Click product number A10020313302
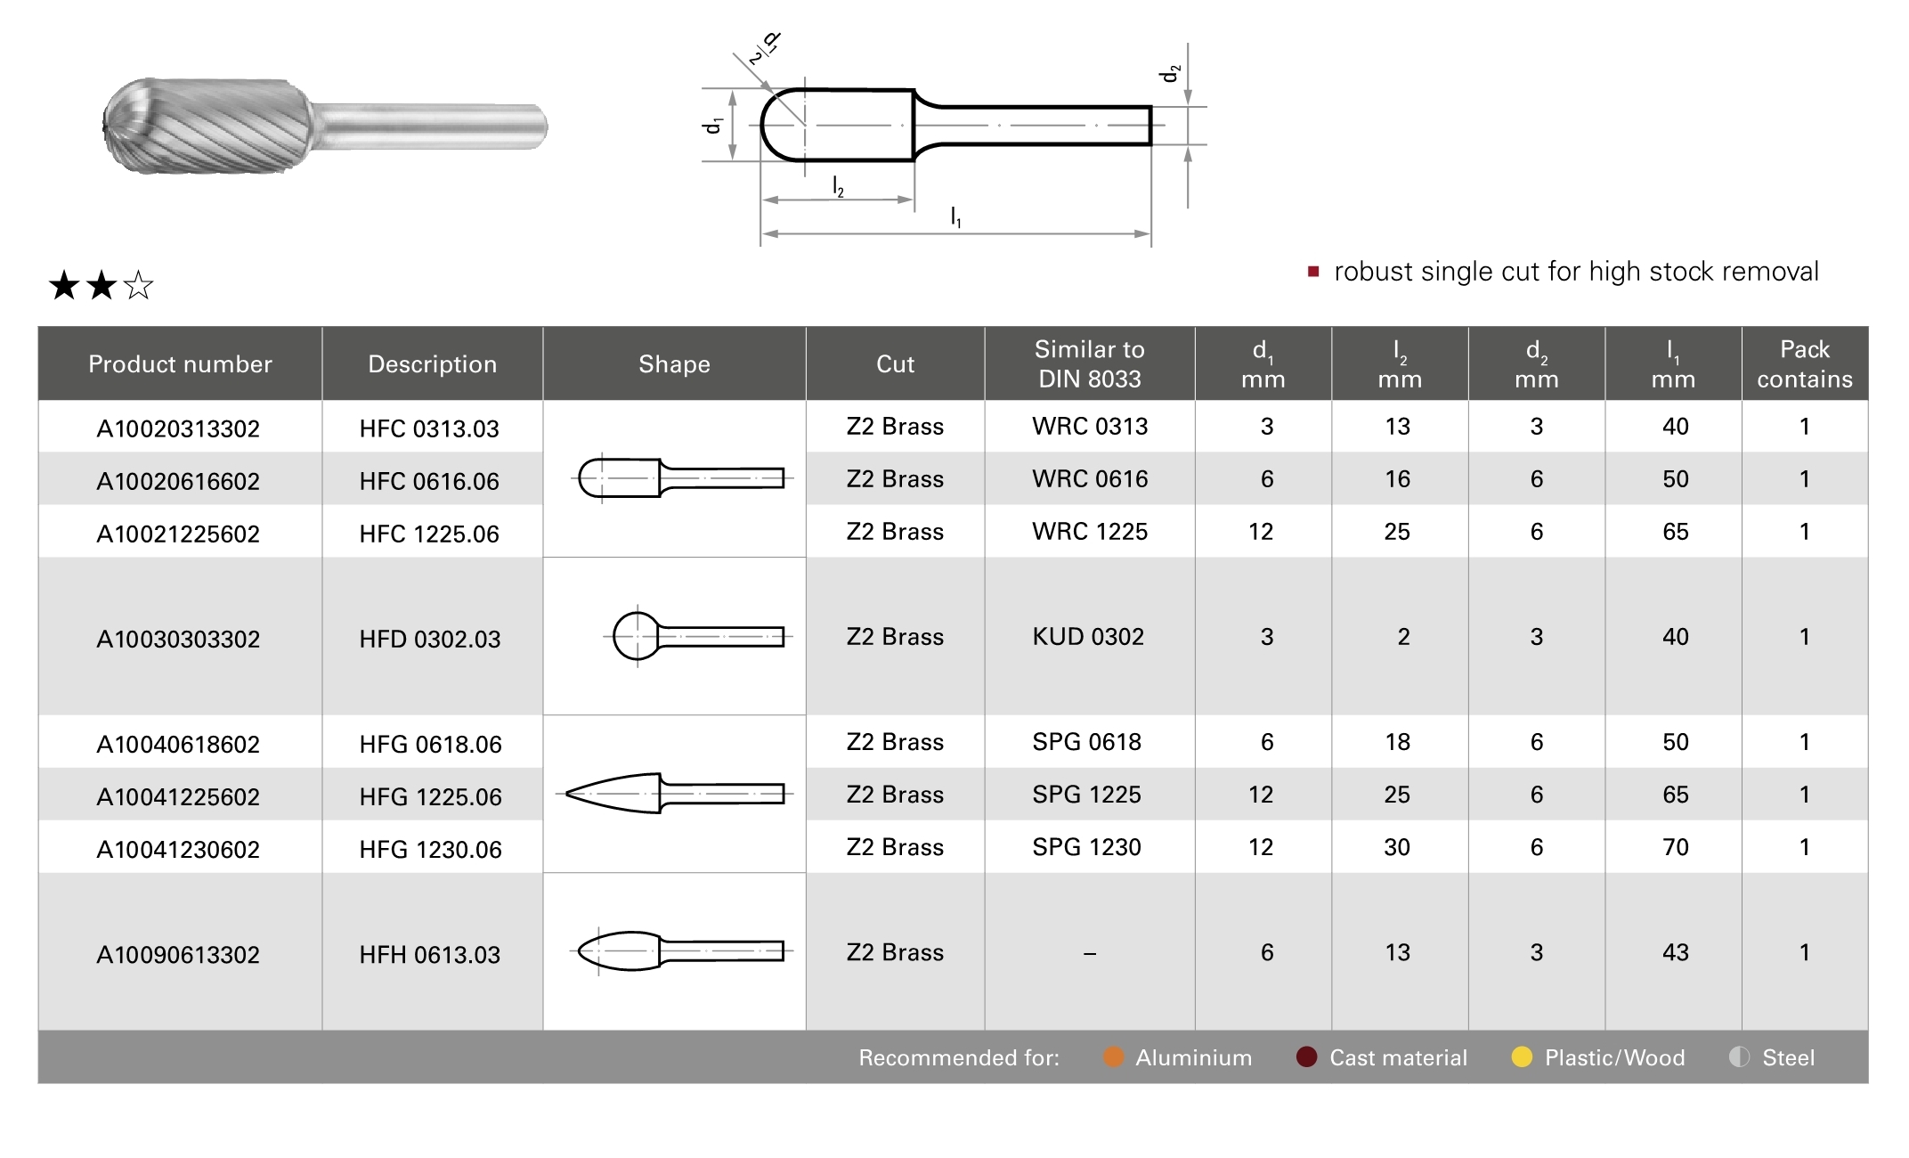tap(178, 428)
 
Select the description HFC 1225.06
tap(429, 534)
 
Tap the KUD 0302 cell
tap(1088, 637)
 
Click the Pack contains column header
tap(1804, 363)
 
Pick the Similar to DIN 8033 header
tap(1089, 363)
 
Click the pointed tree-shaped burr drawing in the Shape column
tap(675, 794)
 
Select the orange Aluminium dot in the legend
tap(1113, 1056)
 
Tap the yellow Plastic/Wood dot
tap(1522, 1056)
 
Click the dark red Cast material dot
tap(1306, 1056)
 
